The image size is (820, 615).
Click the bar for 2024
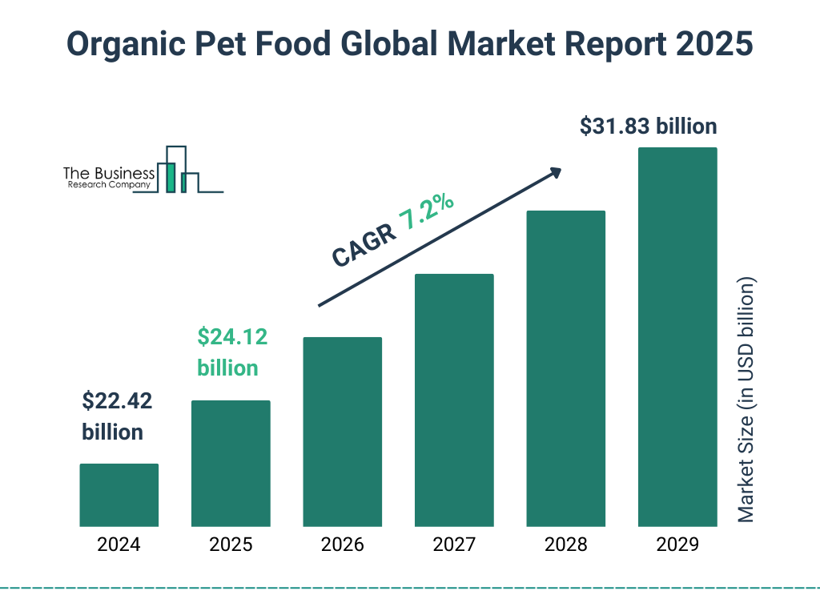[119, 495]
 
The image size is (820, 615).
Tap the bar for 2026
[342, 432]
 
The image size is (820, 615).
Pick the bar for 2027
[454, 400]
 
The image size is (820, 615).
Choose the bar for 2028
[565, 368]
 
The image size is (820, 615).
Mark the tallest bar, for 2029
[677, 337]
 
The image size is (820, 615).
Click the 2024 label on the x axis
[119, 545]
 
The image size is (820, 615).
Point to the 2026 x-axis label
[342, 545]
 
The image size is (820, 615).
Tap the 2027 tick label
[454, 545]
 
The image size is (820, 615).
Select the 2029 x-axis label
[677, 545]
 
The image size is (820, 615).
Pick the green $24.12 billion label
[232, 352]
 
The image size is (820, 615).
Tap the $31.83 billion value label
[649, 127]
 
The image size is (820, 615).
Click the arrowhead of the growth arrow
[554, 173]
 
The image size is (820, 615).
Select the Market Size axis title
[746, 400]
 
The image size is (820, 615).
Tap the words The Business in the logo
[109, 173]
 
